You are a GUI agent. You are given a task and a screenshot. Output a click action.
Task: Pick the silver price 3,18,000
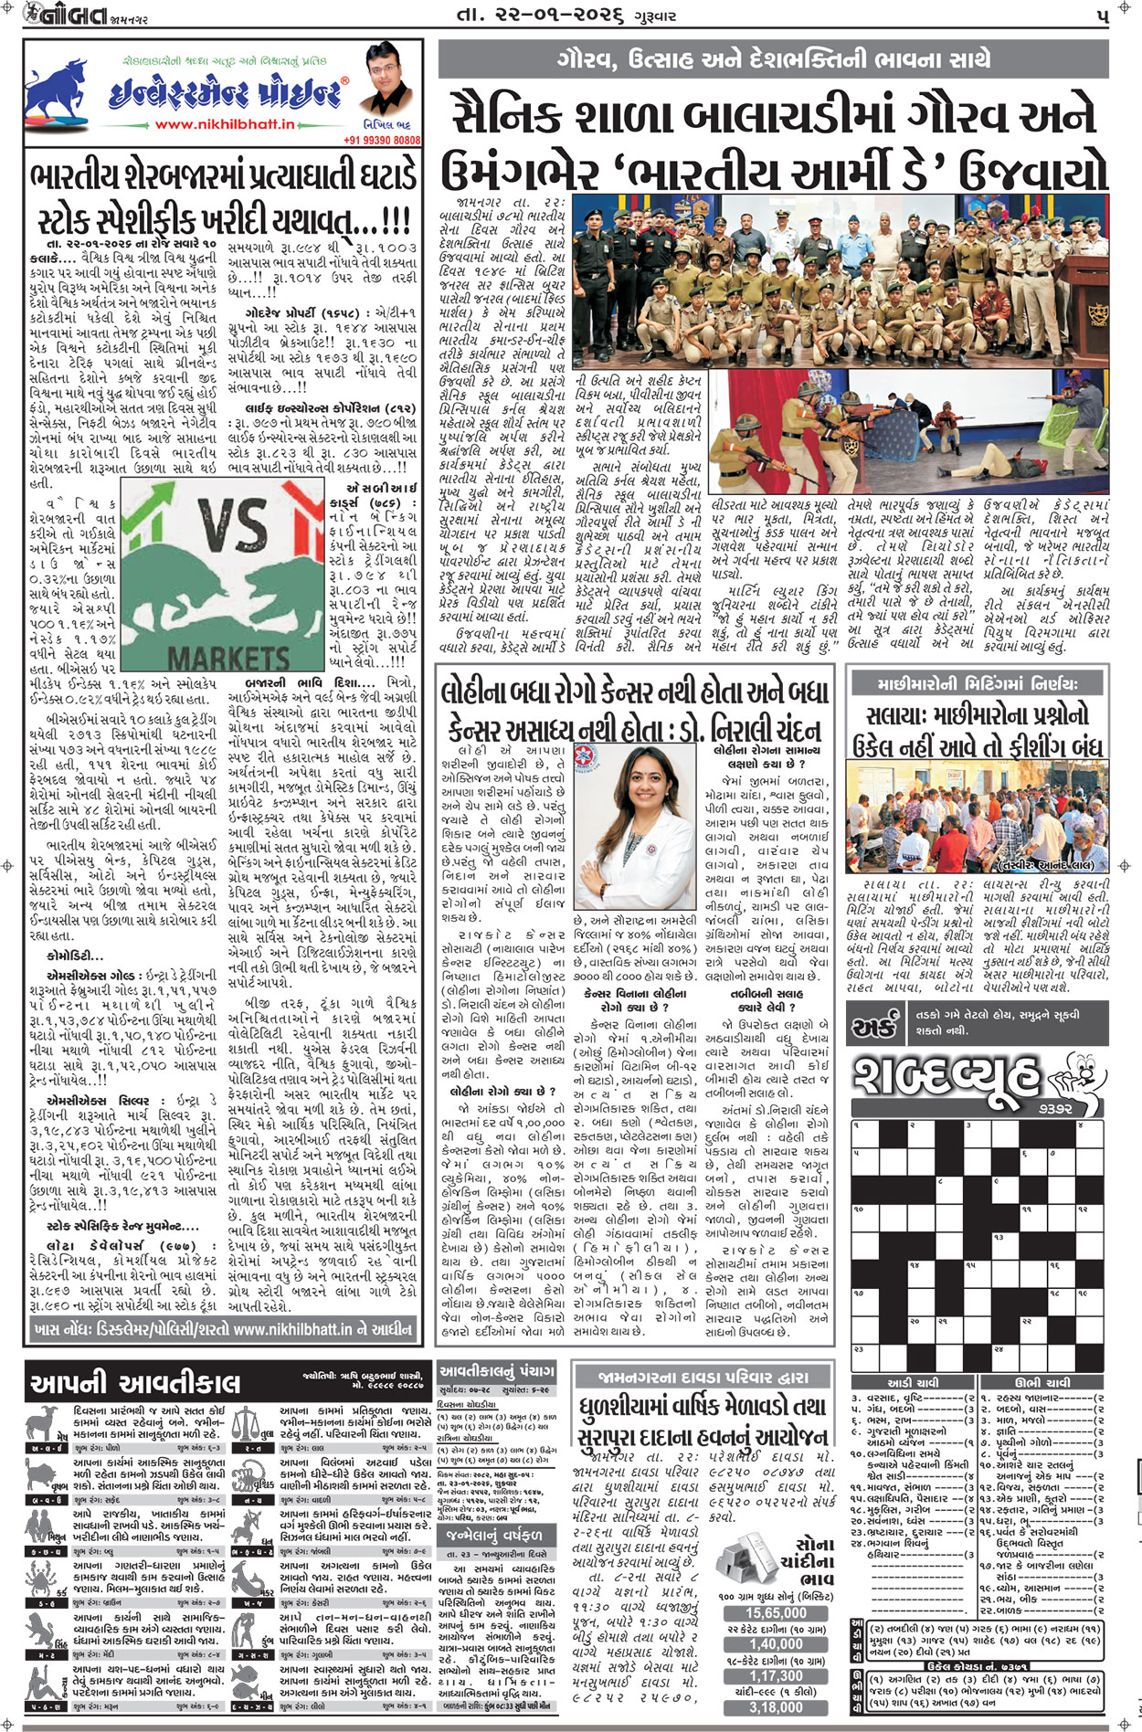click(776, 1706)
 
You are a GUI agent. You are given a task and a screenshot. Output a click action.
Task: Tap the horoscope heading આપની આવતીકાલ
click(135, 1384)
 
